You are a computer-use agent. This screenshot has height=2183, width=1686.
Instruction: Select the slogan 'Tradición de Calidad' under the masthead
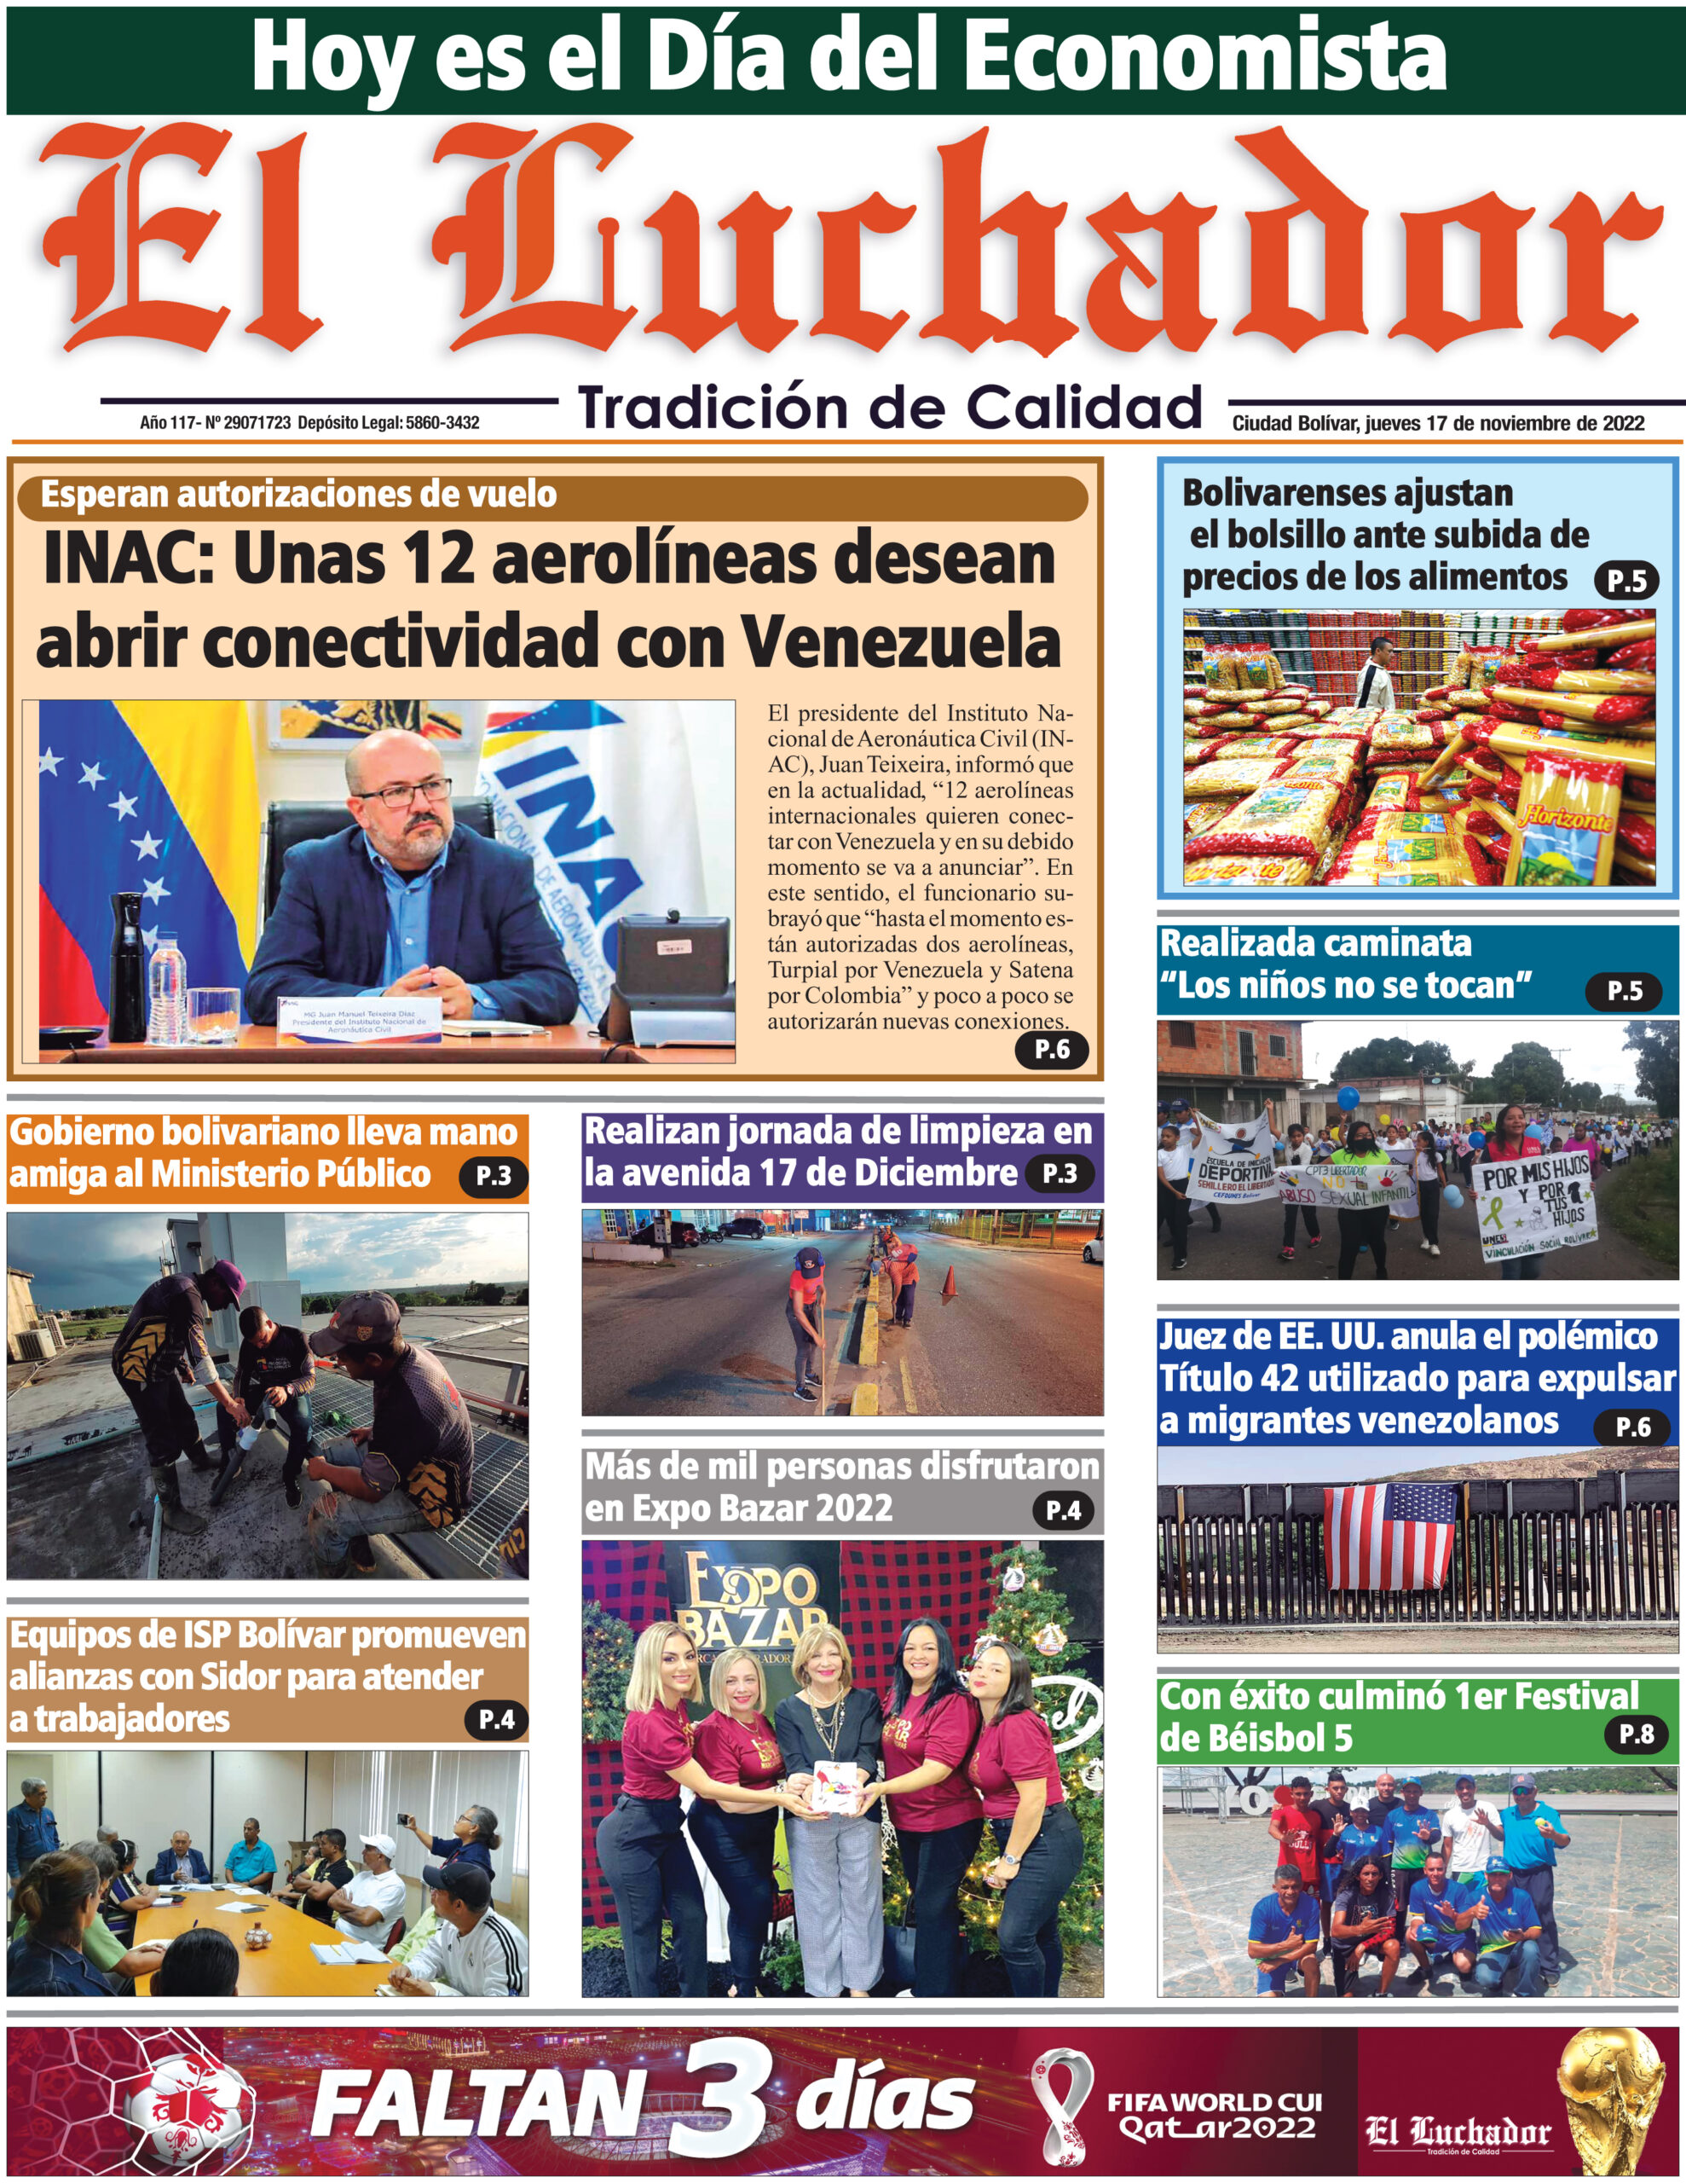click(x=890, y=408)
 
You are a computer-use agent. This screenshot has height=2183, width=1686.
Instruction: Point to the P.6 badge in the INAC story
click(x=1050, y=1049)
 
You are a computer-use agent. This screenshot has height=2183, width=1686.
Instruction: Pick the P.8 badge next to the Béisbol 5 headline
click(x=1636, y=1734)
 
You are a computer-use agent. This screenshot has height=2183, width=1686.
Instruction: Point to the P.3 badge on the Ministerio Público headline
click(x=494, y=1177)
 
